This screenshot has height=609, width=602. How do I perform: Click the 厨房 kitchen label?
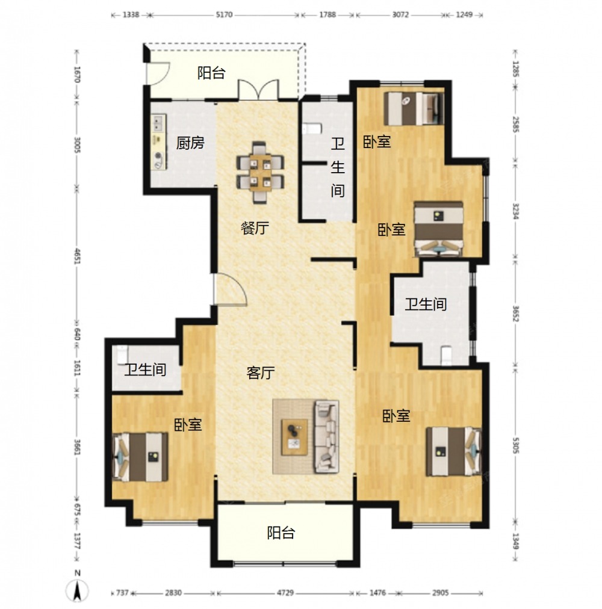click(x=190, y=143)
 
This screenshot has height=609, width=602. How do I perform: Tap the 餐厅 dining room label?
click(x=255, y=228)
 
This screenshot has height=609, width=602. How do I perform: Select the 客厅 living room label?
click(x=261, y=373)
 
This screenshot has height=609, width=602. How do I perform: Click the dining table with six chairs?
click(x=259, y=172)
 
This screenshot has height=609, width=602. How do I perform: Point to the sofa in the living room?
click(x=326, y=437)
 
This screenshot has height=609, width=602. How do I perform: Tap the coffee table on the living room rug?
click(x=294, y=437)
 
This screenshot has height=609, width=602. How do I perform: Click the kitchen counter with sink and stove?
click(x=158, y=142)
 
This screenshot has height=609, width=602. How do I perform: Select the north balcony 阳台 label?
click(x=211, y=73)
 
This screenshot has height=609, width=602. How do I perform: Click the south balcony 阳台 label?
click(x=281, y=533)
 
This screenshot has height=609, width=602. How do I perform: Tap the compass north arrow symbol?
click(x=77, y=591)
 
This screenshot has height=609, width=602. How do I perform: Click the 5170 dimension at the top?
click(x=224, y=15)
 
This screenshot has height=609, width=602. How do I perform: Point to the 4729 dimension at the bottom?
click(x=285, y=593)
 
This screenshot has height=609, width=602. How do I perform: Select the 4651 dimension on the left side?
click(x=77, y=256)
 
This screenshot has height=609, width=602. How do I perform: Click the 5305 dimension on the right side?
click(x=516, y=445)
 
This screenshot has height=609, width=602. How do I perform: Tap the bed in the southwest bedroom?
click(x=140, y=457)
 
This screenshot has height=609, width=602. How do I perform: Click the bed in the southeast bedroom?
click(x=453, y=452)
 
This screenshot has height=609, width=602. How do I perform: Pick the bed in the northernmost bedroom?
click(x=414, y=108)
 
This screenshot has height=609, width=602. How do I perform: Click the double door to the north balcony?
click(x=258, y=90)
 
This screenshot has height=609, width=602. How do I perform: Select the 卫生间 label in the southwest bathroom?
click(x=145, y=369)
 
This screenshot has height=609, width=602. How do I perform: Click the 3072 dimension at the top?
click(x=400, y=15)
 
